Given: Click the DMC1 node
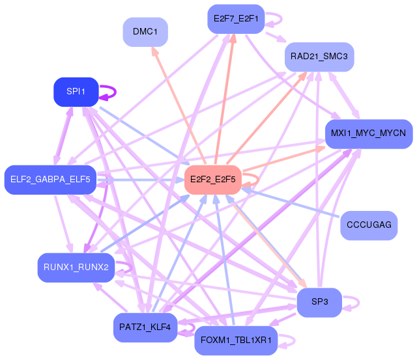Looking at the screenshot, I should click(x=145, y=32).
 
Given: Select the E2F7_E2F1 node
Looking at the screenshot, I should click(x=235, y=19).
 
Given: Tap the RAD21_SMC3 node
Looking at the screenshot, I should click(x=319, y=57).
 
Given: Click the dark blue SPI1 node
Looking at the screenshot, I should click(x=76, y=92).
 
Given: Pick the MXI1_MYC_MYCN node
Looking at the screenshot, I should click(x=368, y=133).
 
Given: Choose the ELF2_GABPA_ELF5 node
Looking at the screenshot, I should click(x=50, y=178).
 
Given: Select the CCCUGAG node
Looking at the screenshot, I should click(x=369, y=225).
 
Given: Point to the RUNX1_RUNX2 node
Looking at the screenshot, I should click(x=76, y=267).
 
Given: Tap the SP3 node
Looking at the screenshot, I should click(x=319, y=302).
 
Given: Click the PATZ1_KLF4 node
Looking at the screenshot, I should click(x=145, y=327).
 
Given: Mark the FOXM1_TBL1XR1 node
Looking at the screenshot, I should click(x=236, y=340).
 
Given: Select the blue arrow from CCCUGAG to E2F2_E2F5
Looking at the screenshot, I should click(x=293, y=202).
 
